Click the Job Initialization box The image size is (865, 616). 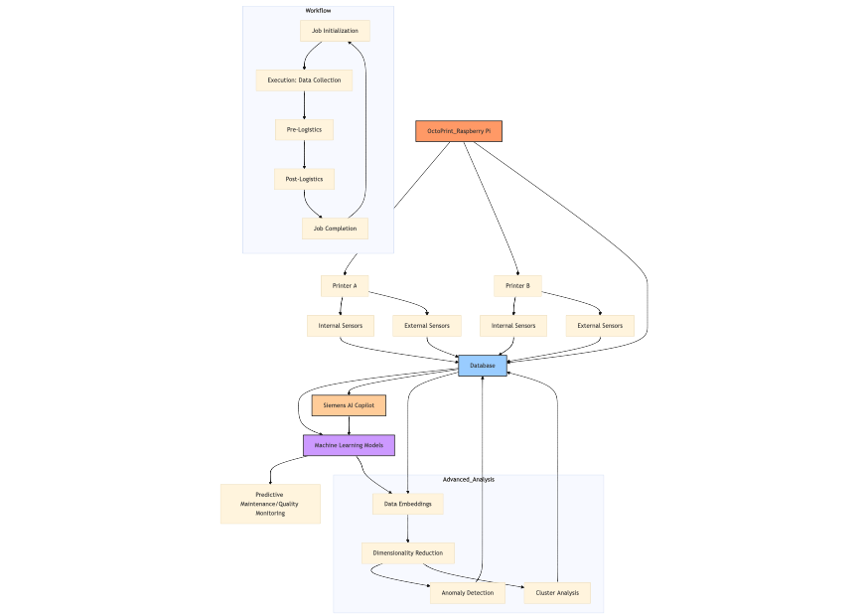coord(335,31)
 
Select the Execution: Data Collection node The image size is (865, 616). coord(304,79)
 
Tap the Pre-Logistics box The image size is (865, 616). coord(304,129)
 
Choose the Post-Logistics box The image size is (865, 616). coord(304,179)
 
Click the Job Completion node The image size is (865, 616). coord(335,229)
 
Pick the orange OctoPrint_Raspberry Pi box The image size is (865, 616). coord(459,131)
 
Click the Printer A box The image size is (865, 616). coord(345,286)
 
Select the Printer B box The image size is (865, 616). coord(517,286)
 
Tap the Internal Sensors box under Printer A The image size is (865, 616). coord(340,326)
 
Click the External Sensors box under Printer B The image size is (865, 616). coord(600,326)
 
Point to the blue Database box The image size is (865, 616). coord(483,366)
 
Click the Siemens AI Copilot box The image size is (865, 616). coord(349,405)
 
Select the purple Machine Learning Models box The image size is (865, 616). coord(349,446)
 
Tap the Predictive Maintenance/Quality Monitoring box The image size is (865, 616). coord(270,504)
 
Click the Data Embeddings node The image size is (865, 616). coord(408,504)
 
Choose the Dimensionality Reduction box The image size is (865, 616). coord(408,553)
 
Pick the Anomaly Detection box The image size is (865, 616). coord(467,593)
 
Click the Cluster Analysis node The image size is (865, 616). coord(557,593)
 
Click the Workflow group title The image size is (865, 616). coord(318,11)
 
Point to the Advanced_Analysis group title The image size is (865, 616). coord(468,480)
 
